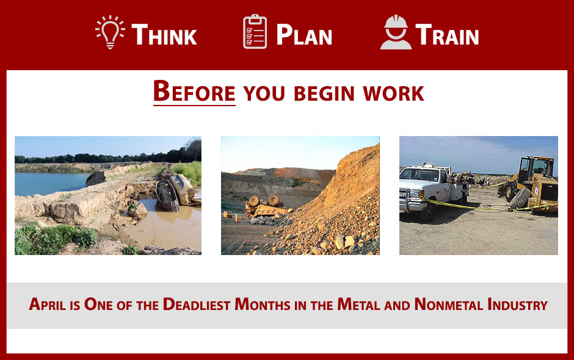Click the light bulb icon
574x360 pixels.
[110, 32]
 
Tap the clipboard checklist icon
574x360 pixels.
[255, 32]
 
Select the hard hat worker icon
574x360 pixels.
[396, 32]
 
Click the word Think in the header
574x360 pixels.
[164, 34]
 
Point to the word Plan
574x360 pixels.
[304, 34]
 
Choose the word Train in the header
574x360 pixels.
[447, 34]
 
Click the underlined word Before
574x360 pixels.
[194, 91]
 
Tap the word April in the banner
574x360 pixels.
[48, 304]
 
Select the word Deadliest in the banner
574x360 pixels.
[197, 304]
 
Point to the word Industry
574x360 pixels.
[517, 304]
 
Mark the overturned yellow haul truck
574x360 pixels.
[266, 207]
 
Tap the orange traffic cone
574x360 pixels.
[236, 218]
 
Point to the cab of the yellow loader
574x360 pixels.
[536, 167]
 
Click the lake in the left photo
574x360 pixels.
[51, 184]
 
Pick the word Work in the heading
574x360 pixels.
[393, 93]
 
